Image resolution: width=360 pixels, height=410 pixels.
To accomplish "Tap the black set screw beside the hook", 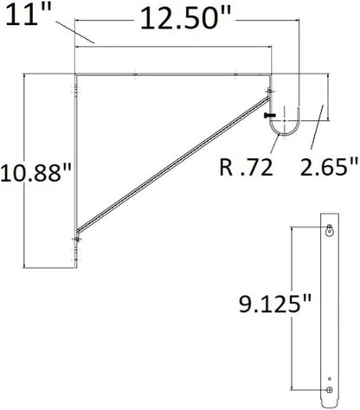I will point(270,115).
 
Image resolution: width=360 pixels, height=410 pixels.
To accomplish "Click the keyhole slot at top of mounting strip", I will point(329,230).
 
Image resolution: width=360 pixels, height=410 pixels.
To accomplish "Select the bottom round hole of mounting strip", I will point(329,397).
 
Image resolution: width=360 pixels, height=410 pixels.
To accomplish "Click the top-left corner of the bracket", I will point(76,74).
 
